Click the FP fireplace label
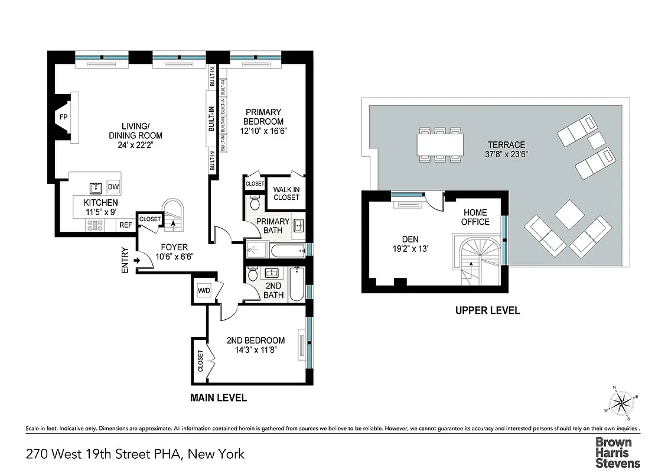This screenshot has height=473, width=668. tap(63, 117)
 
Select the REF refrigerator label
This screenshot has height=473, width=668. tap(125, 225)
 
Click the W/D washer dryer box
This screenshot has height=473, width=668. tap(203, 290)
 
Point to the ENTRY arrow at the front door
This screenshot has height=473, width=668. tap(138, 260)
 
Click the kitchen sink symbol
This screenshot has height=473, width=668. tap(95, 188)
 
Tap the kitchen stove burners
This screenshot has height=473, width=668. tap(95, 225)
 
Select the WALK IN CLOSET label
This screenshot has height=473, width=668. tap(286, 193)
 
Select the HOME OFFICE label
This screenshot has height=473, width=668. tap(475, 217)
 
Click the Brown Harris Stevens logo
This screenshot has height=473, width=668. tap(617, 452)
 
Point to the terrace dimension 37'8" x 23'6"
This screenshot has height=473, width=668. tap(506, 155)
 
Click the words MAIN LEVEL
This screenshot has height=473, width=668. tap(218, 398)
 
